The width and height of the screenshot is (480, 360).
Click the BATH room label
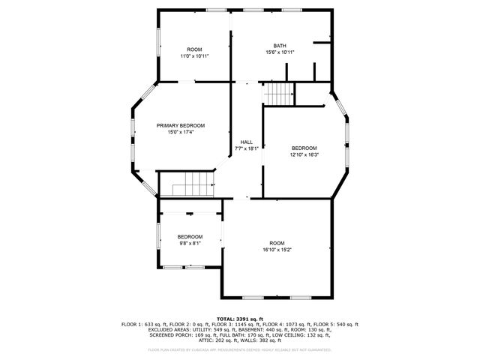tap(280, 46)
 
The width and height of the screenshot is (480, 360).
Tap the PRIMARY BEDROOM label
tap(180, 125)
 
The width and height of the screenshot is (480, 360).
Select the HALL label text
tap(246, 142)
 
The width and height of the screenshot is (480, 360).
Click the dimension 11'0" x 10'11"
tap(194, 56)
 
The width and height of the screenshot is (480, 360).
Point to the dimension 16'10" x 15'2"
tap(277, 250)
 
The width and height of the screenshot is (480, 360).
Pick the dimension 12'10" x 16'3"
tap(304, 154)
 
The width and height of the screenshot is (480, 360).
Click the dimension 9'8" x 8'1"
tap(190, 243)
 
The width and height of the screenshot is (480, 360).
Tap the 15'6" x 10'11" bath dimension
tap(280, 52)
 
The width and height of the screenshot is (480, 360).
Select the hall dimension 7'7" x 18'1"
tap(246, 148)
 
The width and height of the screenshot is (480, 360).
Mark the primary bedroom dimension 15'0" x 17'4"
tap(180, 132)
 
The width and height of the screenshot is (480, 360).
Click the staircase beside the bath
tap(279, 94)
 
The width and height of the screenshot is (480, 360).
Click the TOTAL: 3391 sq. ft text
tap(240, 318)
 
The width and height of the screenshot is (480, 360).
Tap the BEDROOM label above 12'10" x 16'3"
tap(304, 148)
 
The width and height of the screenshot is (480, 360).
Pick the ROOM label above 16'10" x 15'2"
tap(277, 243)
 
